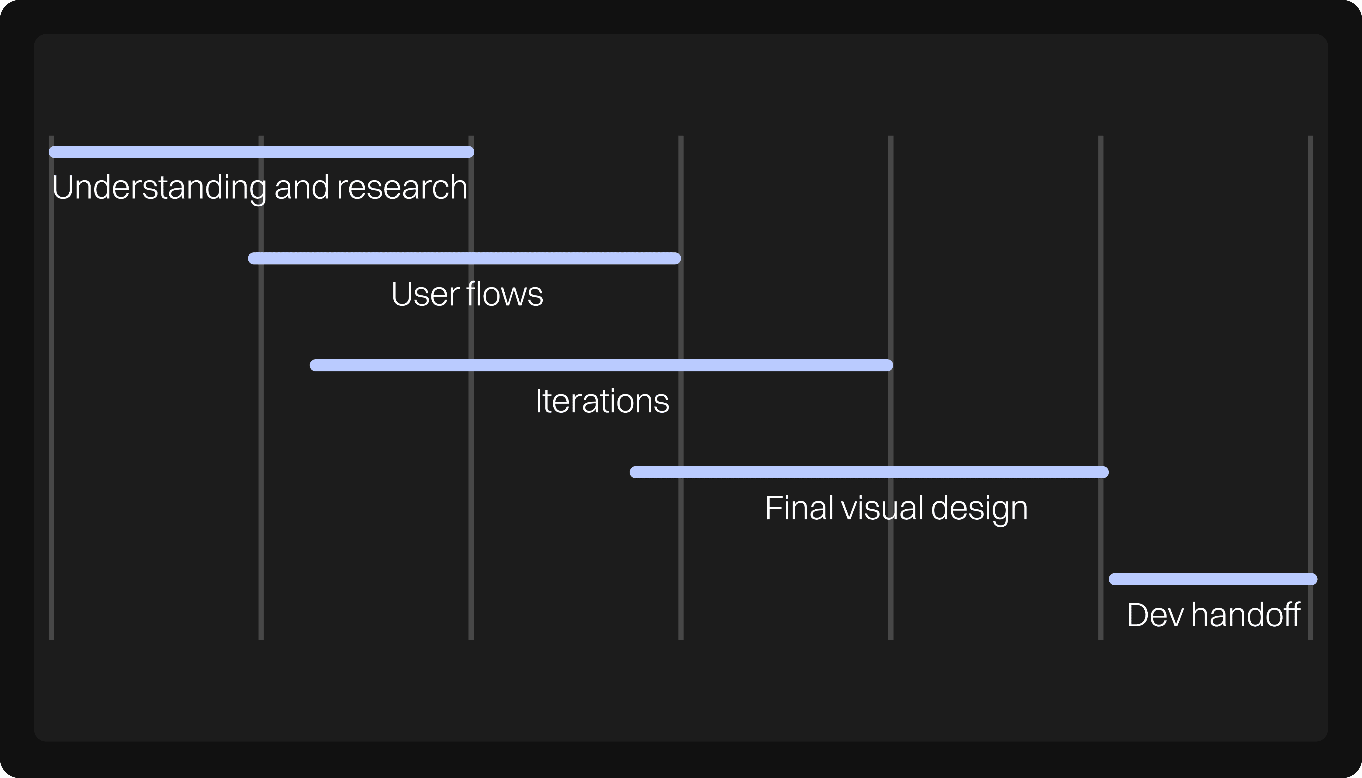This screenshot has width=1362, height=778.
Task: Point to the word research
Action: pos(402,188)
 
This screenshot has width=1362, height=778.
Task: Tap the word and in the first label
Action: pos(302,188)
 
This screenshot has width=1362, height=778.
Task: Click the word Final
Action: pos(800,508)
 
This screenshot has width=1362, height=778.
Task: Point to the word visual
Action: pos(883,508)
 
